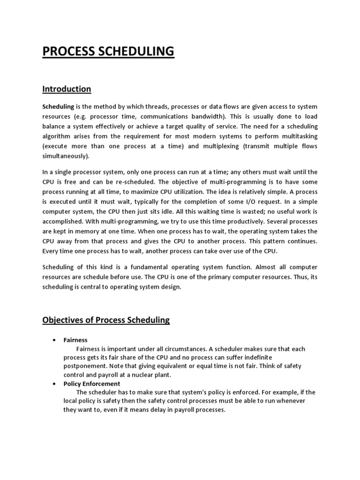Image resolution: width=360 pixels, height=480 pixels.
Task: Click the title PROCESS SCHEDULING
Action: [x=108, y=51]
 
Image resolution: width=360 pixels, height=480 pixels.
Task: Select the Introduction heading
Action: [x=67, y=89]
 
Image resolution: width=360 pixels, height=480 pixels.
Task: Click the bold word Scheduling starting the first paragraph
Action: [x=59, y=107]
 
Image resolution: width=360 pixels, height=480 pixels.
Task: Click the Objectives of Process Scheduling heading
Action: [x=106, y=321]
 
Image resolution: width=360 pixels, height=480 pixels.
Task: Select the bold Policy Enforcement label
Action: [x=92, y=384]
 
